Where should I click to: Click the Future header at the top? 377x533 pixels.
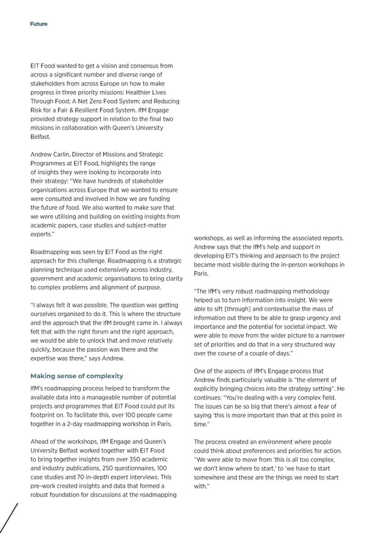38,24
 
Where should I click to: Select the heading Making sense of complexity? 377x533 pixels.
77,376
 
